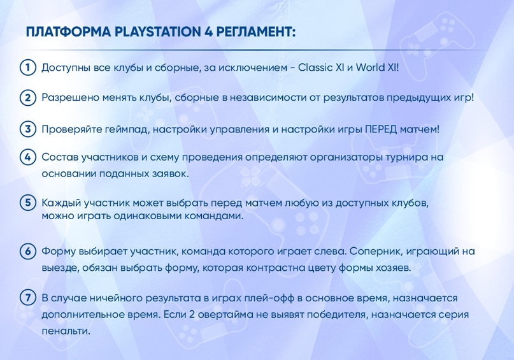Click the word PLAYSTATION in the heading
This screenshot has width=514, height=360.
[x=157, y=32]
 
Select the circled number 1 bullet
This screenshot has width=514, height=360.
[x=28, y=68]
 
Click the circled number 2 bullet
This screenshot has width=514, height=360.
[x=28, y=98]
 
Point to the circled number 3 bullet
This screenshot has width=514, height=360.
[x=28, y=129]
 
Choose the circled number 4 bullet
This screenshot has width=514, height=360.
[x=28, y=157]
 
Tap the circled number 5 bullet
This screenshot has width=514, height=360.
[x=28, y=203]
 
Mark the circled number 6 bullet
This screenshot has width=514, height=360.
[x=28, y=251]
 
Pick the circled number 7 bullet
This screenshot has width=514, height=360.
[x=28, y=298]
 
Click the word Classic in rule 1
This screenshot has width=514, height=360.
[x=315, y=68]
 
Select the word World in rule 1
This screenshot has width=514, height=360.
[x=371, y=68]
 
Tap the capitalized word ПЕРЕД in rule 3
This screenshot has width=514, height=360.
[x=381, y=129]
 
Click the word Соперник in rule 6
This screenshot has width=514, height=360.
[x=375, y=251]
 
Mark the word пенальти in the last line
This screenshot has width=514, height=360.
[x=66, y=331]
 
